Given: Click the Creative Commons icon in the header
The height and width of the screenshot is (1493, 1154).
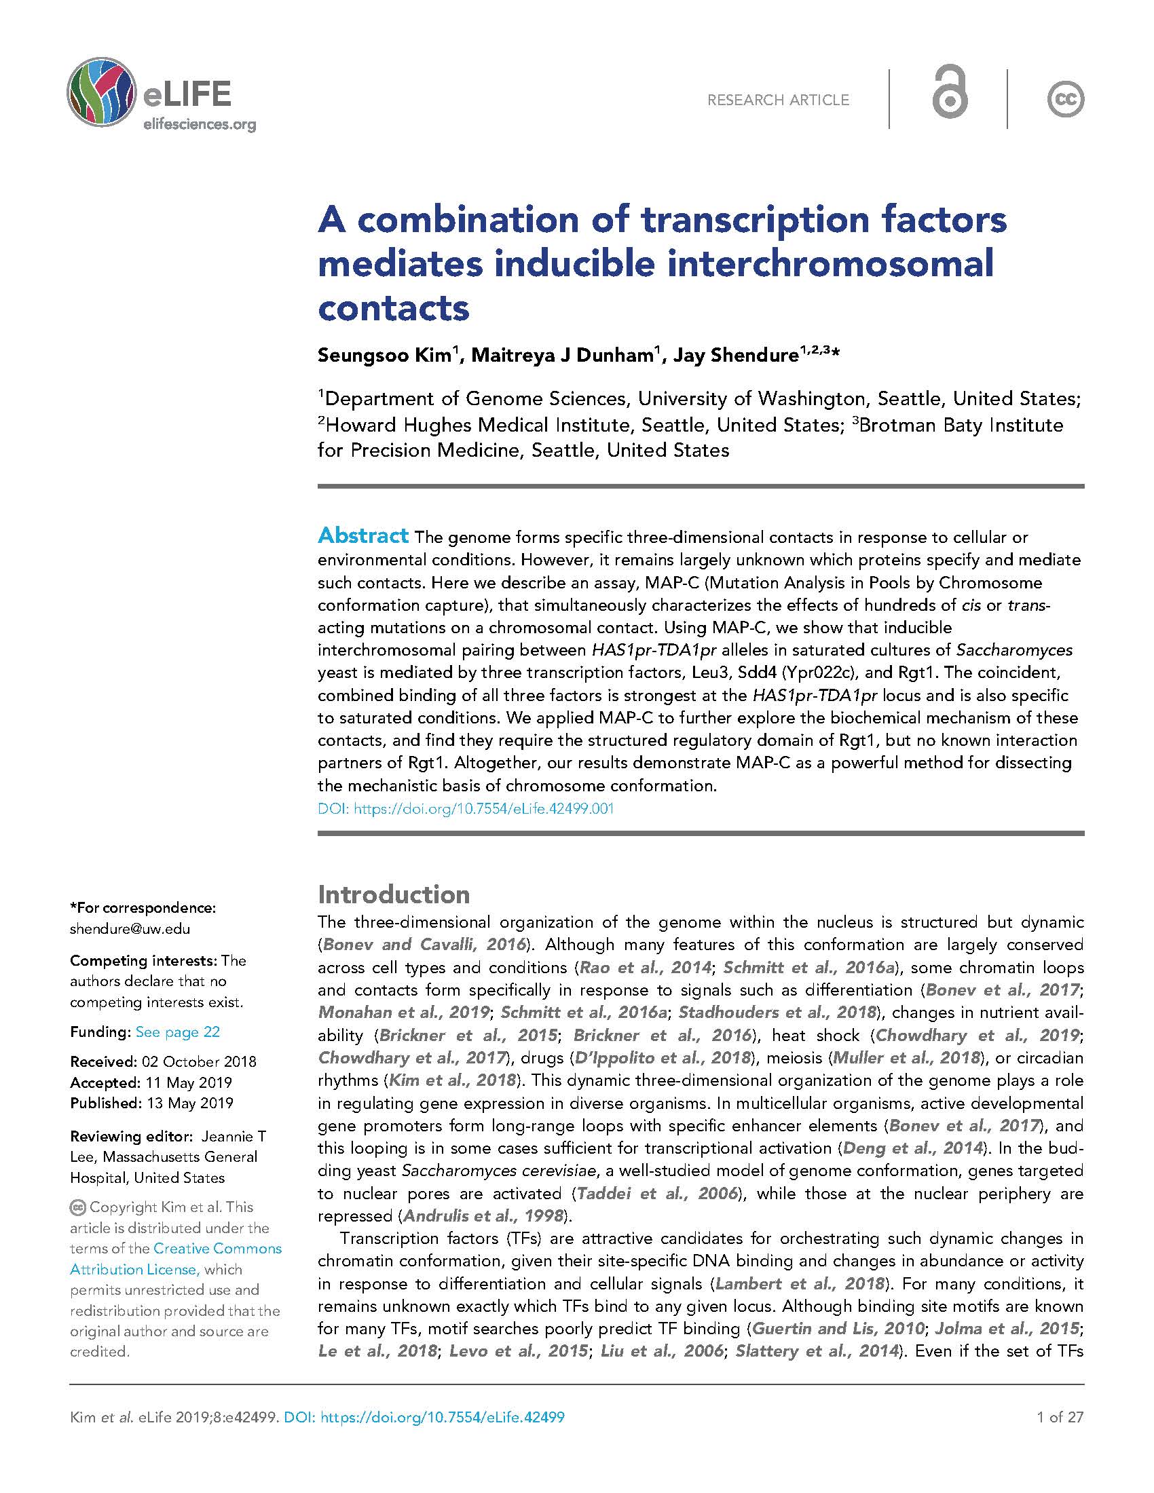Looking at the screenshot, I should tap(1065, 100).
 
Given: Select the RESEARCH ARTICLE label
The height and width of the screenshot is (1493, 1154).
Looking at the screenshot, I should tap(778, 100).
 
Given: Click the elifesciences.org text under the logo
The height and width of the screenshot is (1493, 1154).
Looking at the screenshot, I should tap(199, 124).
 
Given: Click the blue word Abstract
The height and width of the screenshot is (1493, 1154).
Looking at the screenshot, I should tap(363, 535).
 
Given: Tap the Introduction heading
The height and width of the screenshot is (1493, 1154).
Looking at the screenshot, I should tap(394, 894).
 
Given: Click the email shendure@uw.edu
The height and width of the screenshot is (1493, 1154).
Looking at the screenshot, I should tap(130, 929).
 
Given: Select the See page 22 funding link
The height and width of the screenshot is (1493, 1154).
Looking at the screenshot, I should tap(178, 1032).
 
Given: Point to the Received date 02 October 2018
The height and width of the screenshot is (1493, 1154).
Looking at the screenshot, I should tap(198, 1061).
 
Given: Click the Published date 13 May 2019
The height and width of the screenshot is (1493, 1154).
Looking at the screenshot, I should tap(187, 1103).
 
